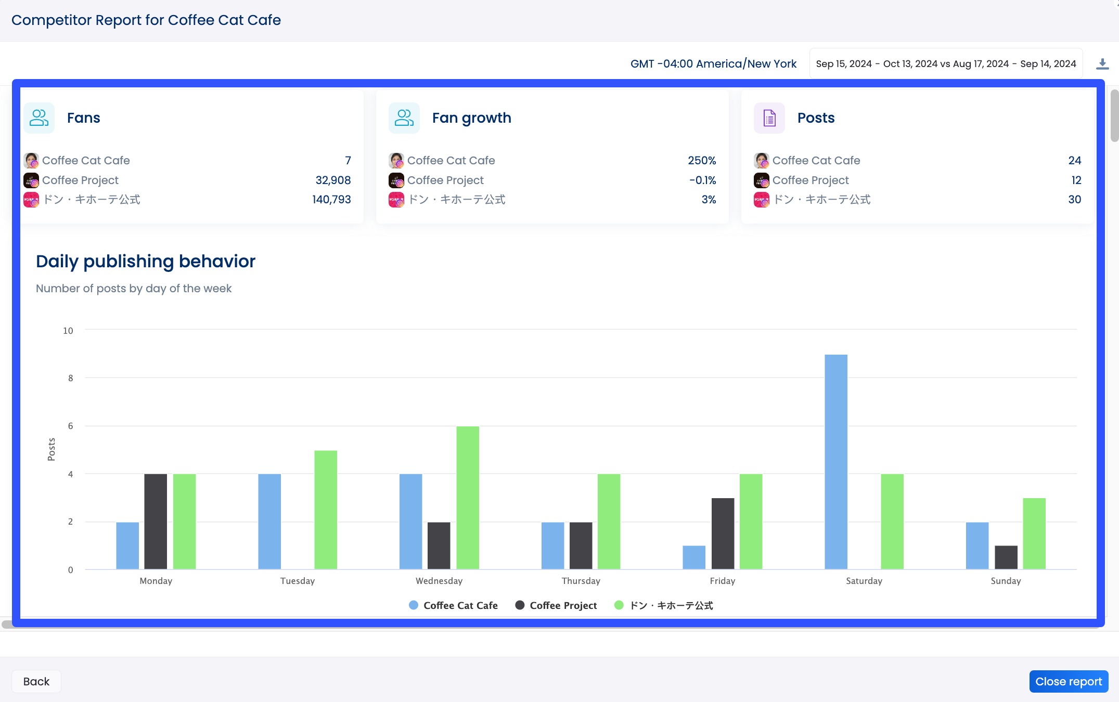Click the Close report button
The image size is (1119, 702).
tap(1068, 681)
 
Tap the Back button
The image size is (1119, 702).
tap(36, 681)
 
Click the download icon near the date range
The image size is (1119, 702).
tap(1102, 64)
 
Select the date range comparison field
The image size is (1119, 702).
tap(945, 64)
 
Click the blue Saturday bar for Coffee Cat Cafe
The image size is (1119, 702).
tap(835, 462)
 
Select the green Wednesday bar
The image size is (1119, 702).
tap(467, 498)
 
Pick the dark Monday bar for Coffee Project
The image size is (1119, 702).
tap(155, 521)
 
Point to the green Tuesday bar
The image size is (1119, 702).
tap(325, 510)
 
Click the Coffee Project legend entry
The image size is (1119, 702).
tap(556, 605)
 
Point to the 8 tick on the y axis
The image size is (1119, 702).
tap(70, 378)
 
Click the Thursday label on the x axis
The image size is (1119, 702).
tap(581, 581)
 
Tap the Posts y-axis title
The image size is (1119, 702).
tap(51, 449)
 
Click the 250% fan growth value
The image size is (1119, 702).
tap(701, 160)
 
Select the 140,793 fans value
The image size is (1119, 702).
tap(331, 199)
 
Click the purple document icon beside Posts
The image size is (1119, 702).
tap(769, 118)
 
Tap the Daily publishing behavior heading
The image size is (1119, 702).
tap(146, 261)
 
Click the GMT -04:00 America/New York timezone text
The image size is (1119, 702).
tap(713, 64)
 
